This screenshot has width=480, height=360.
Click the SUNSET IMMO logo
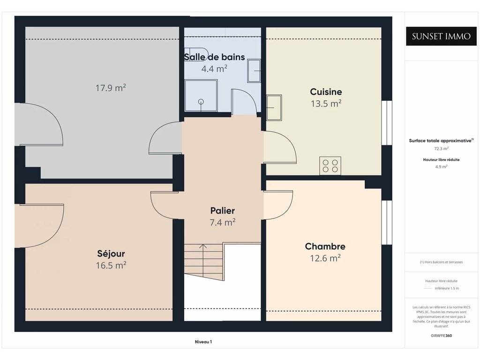[441, 37]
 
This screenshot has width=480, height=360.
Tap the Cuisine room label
[326, 92]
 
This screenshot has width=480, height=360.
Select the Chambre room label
[325, 247]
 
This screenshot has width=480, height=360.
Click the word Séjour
[111, 254]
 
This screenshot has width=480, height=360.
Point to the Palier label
[223, 210]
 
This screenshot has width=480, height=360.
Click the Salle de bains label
[214, 57]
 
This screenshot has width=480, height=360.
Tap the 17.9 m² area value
[111, 88]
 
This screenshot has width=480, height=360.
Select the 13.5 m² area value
[326, 104]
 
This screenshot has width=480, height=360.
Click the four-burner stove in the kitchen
[330, 165]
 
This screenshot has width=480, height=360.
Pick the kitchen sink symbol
[274, 107]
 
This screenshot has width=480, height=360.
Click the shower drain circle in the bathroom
[201, 102]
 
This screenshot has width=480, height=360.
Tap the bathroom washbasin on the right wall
[254, 71]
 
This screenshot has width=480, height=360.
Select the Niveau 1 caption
[203, 342]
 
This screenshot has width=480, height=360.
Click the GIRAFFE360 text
[441, 336]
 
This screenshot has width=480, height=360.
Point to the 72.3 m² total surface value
[441, 149]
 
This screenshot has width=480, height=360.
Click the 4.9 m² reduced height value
[441, 167]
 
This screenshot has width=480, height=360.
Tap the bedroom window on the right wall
[387, 223]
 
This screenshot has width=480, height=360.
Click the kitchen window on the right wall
[387, 123]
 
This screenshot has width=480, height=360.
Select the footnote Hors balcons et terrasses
[441, 262]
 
